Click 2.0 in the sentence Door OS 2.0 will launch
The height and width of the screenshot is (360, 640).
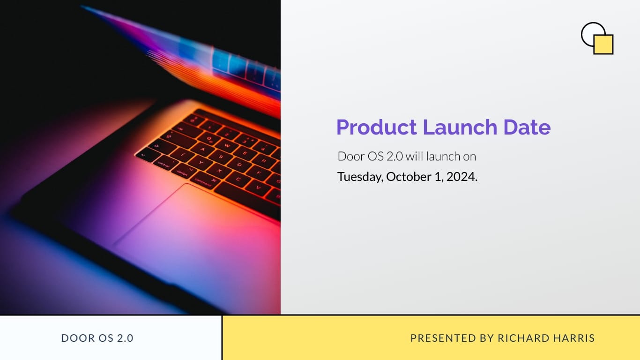click(x=394, y=156)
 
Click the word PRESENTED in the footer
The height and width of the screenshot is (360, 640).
click(x=437, y=338)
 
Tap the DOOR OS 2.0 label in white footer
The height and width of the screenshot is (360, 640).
click(x=97, y=338)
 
